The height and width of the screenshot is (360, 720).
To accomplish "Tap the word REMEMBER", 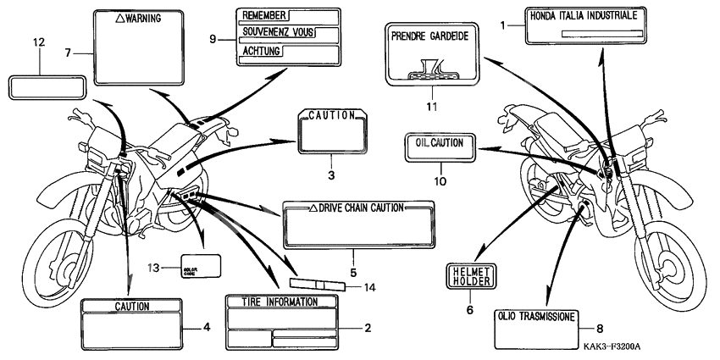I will pyautogui.click(x=263, y=15).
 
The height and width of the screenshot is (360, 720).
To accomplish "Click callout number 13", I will pyautogui.click(x=153, y=269).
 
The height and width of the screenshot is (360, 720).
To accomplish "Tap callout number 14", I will pyautogui.click(x=368, y=287).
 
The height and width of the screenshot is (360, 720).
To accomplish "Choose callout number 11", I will pyautogui.click(x=431, y=106).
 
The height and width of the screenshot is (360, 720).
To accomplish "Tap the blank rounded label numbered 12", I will pyautogui.click(x=47, y=86).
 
